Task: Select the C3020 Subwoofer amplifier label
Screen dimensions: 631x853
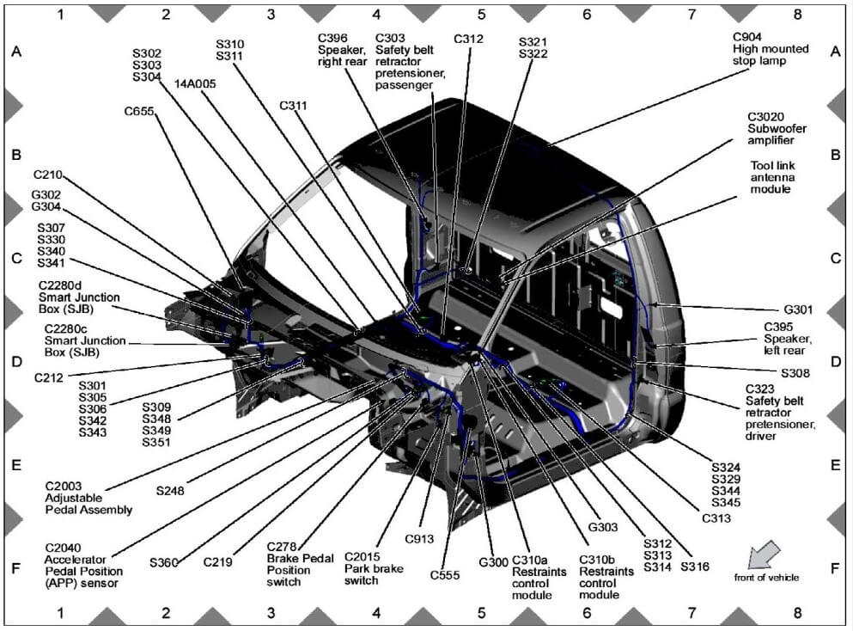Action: (770, 127)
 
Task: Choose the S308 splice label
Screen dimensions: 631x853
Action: (795, 373)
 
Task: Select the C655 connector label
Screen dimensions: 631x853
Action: (141, 110)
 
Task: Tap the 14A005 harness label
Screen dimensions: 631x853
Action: (195, 84)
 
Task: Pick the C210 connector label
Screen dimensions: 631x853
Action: (50, 175)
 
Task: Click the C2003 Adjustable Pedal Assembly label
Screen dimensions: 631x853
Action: (88, 498)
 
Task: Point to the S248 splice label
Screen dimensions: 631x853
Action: (170, 491)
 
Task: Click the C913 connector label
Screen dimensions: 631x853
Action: (420, 539)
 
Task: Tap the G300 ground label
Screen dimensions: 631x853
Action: (493, 562)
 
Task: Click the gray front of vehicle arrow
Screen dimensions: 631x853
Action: (763, 554)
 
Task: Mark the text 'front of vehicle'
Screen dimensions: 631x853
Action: (766, 578)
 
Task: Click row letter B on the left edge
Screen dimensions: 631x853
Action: (15, 156)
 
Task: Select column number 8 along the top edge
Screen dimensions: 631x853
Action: (797, 14)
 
